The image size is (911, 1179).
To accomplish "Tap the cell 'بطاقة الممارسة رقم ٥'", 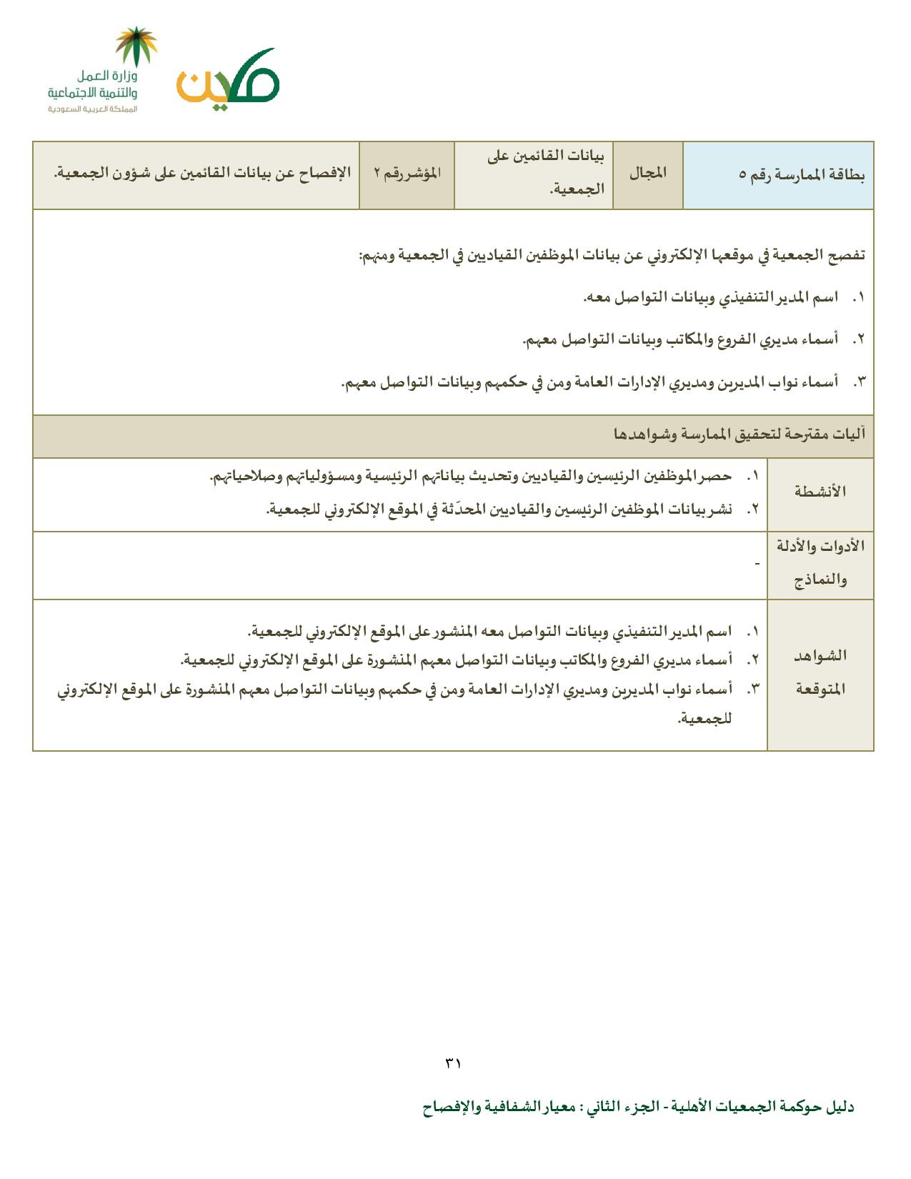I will [801, 176].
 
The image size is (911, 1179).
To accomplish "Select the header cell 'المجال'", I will [647, 174].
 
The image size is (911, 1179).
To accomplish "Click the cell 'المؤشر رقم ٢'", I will [407, 174].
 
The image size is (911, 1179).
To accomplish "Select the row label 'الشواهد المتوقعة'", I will [820, 672].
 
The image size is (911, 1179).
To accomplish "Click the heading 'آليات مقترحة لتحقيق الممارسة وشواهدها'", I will [740, 434].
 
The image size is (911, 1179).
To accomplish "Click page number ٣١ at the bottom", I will [454, 1063].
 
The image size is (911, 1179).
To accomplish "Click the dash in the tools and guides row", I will [757, 564].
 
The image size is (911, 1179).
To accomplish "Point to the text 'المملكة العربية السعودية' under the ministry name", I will [92, 109].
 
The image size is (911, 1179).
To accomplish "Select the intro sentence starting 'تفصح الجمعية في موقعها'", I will [612, 255].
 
